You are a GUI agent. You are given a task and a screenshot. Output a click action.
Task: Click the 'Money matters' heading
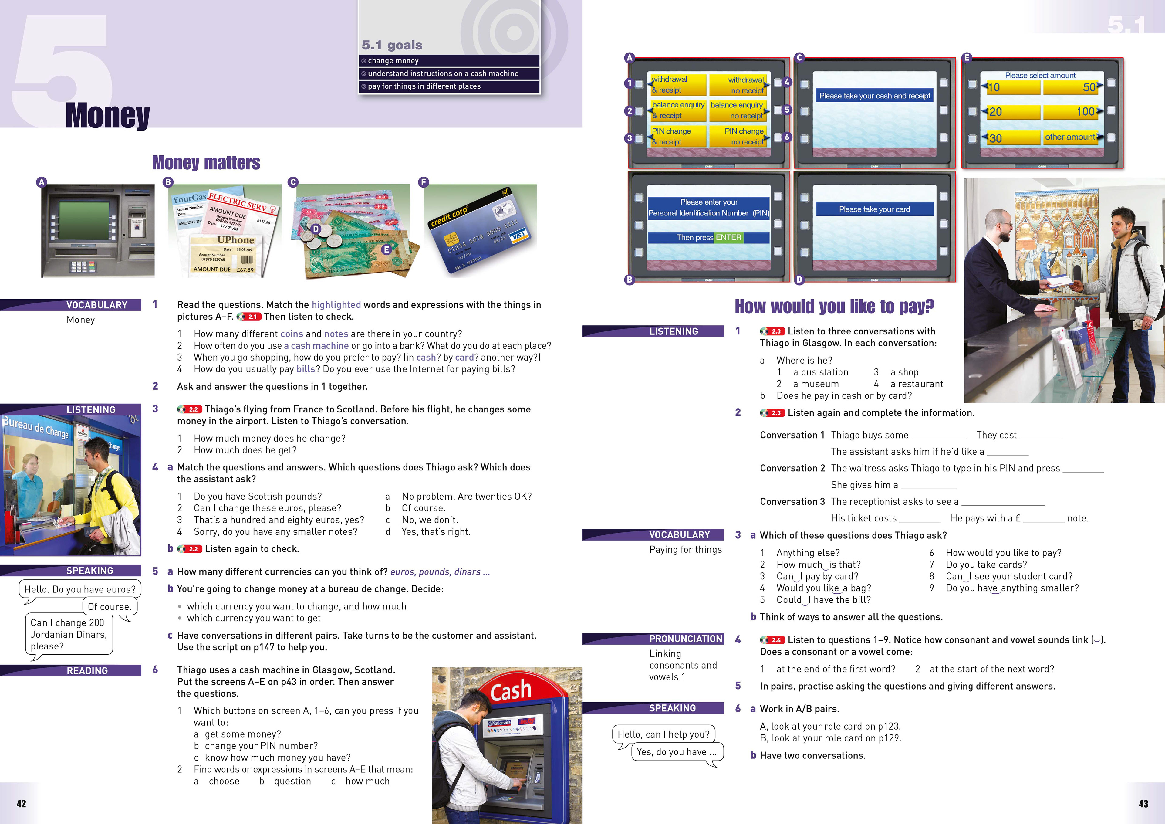[x=206, y=163]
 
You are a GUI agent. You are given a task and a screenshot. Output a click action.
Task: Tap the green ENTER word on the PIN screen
[x=729, y=238]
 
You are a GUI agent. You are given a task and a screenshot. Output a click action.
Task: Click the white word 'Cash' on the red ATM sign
[x=511, y=690]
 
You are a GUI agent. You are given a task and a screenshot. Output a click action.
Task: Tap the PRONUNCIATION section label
[x=686, y=639]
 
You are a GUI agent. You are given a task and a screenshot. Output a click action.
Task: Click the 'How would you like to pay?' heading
[x=834, y=307]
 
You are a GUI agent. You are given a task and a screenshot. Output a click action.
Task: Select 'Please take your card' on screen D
[x=874, y=209]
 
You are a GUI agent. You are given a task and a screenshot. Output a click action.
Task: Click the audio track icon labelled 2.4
[x=772, y=640]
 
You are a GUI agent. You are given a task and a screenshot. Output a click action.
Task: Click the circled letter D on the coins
[x=316, y=229]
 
